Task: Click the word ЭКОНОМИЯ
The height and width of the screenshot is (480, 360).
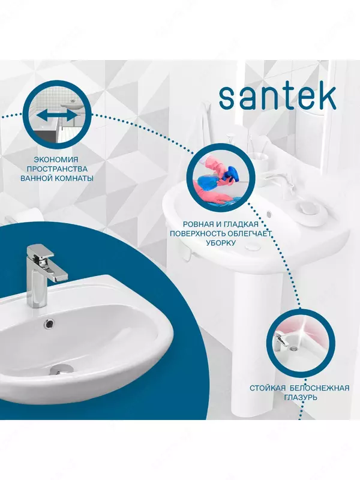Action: click(56, 159)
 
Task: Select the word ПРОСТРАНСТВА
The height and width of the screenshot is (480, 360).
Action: click(56, 169)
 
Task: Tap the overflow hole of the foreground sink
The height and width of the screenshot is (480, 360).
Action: click(49, 323)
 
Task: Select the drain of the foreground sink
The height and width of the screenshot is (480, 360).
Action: click(61, 369)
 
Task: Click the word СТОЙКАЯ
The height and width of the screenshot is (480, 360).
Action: click(268, 388)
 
